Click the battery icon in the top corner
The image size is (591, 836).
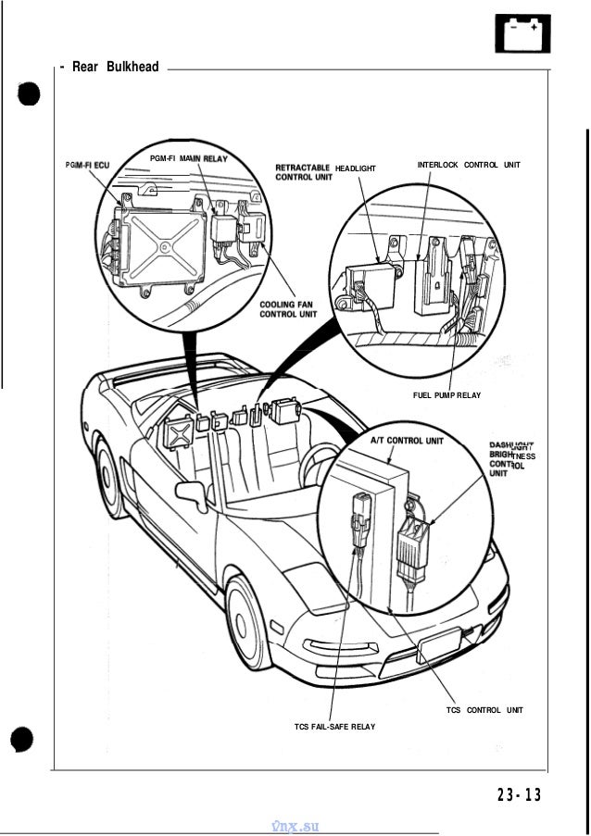point(523,33)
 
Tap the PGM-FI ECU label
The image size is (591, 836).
point(87,164)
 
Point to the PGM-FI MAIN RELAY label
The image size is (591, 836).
point(189,158)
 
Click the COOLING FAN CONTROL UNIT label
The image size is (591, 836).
point(287,308)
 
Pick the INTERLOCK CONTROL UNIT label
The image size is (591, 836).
point(469,165)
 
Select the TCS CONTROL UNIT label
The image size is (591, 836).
point(484,709)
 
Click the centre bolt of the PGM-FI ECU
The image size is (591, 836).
point(163,246)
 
